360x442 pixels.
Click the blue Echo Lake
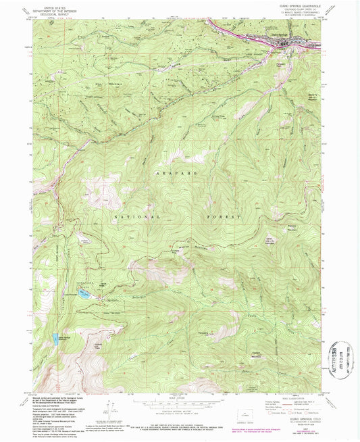pyautogui.click(x=84, y=295)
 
